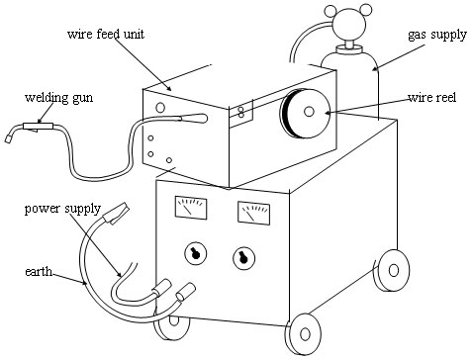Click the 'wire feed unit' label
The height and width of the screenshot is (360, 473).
coord(106,35)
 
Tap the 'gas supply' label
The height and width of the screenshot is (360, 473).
coord(437,35)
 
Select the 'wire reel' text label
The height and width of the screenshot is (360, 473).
coord(431,98)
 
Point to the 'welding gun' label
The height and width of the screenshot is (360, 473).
coord(58,98)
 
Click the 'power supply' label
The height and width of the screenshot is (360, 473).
coord(62,209)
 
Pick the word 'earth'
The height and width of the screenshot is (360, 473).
coord(39,272)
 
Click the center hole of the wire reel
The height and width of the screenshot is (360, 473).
coord(309,112)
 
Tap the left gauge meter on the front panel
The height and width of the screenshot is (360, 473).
coord(191,208)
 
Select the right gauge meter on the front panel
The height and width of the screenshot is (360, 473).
coord(253,214)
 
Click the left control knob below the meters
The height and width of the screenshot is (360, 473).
coord(195,254)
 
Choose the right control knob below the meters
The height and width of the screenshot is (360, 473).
coord(244,257)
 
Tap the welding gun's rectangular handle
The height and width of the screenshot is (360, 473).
coord(38,127)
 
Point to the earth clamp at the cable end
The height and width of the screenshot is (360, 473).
coord(116,214)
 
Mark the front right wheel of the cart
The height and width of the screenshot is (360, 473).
coord(303,334)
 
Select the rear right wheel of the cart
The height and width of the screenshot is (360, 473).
coord(392,270)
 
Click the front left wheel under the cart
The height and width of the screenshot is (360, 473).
coord(172,327)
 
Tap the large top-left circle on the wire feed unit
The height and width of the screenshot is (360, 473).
coord(160,107)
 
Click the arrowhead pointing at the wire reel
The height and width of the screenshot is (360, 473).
coord(328,113)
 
